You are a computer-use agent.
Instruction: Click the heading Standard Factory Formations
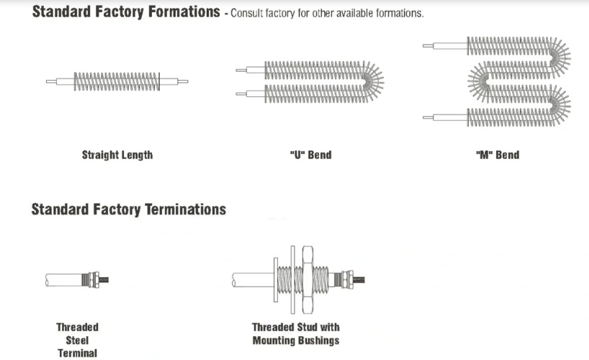click(x=126, y=12)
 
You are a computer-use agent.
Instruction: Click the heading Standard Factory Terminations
click(x=128, y=210)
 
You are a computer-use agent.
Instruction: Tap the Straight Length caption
click(x=117, y=155)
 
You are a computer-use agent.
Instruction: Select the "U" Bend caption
click(x=310, y=155)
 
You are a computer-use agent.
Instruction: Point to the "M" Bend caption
click(x=498, y=155)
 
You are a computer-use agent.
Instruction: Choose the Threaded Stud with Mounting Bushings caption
click(x=295, y=333)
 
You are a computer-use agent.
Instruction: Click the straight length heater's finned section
click(x=117, y=81)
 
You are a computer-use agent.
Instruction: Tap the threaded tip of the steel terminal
click(x=103, y=279)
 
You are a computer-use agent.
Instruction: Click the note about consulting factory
click(x=327, y=14)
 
